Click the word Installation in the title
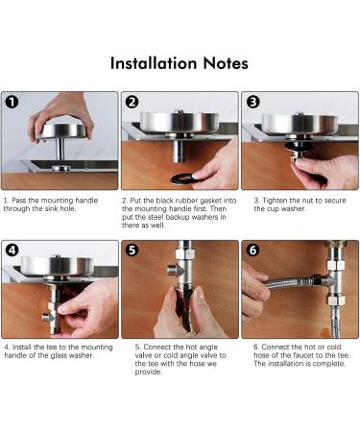154,63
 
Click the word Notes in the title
226,63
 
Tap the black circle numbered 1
12,102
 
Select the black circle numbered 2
132,102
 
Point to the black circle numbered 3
252,102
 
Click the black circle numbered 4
12,250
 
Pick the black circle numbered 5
132,250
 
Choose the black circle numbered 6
252,250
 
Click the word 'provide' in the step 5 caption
147,372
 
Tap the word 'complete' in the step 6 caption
328,364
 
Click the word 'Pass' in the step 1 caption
19,201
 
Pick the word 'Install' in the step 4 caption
22,347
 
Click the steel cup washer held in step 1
60,131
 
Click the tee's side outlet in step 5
172,270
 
